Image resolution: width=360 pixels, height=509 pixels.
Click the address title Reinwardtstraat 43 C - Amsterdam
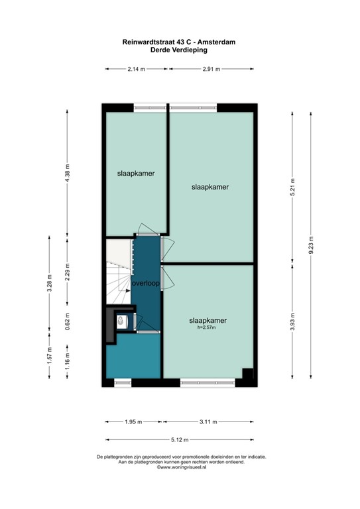click(180, 41)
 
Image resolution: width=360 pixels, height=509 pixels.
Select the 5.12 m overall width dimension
click(179, 440)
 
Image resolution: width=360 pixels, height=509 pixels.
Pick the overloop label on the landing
click(147, 284)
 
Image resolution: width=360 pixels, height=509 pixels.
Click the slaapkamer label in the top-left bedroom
click(136, 174)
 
